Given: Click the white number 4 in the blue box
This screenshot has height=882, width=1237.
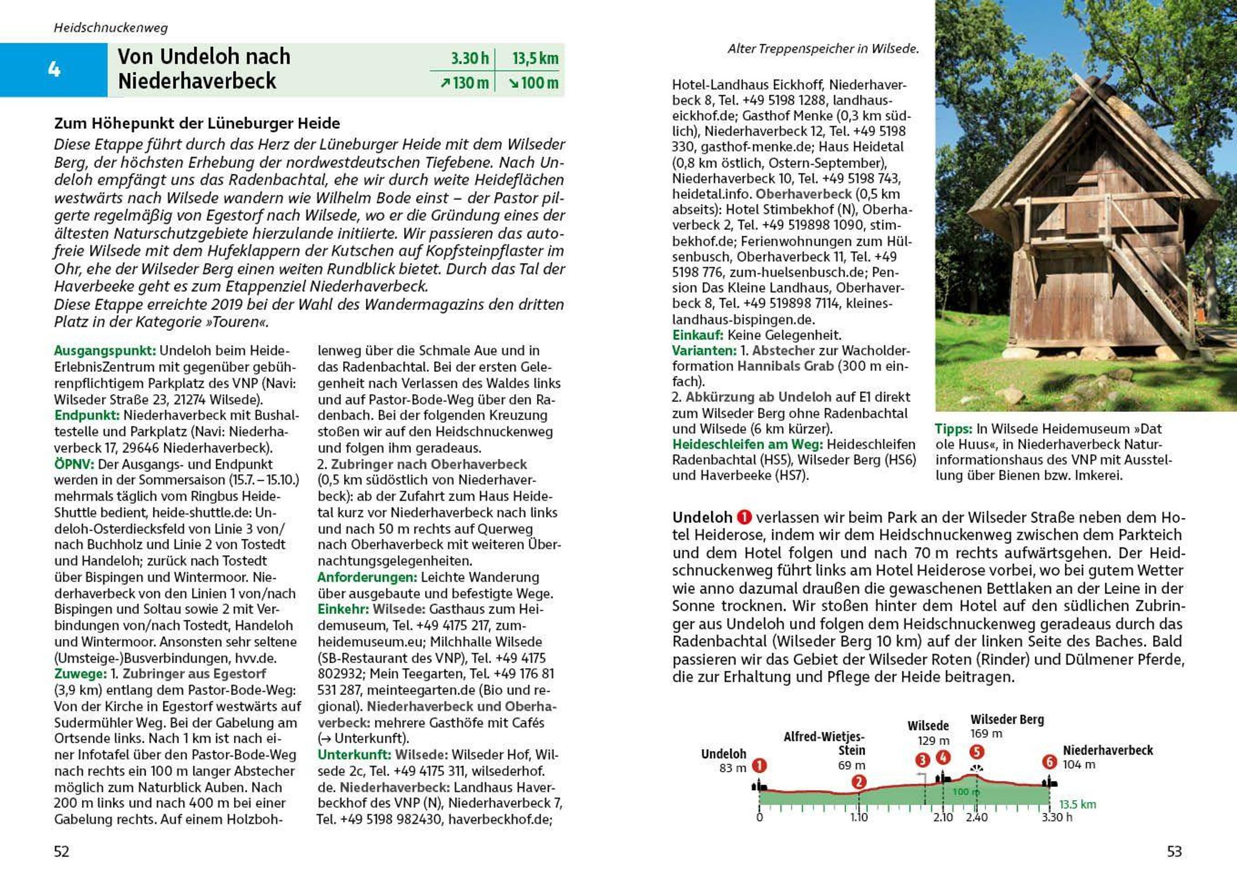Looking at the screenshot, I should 54,70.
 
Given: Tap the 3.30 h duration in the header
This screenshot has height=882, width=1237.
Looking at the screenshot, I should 470,58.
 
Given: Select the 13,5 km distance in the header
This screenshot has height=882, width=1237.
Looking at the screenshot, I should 535,58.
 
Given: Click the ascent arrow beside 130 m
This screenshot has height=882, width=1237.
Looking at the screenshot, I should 445,83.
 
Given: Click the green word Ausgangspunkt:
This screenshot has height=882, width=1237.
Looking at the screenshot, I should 105,351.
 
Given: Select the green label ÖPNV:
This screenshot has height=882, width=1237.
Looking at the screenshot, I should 74,464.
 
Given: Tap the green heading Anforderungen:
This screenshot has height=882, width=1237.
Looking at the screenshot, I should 367,577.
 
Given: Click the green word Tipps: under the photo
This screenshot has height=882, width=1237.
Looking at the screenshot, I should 953,428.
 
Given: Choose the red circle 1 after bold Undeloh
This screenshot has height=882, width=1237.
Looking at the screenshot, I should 744,517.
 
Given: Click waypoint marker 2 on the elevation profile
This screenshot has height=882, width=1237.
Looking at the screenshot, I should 859,781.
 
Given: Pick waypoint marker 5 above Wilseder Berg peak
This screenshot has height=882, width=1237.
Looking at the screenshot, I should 976,752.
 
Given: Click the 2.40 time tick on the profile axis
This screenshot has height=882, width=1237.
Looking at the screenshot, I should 976,818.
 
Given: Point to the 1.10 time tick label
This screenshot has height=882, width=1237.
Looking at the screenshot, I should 859,818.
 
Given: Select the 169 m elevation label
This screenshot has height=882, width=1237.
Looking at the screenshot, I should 986,734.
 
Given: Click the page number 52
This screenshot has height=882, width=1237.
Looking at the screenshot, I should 61,852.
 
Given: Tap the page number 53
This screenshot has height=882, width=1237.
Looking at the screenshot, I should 1174,852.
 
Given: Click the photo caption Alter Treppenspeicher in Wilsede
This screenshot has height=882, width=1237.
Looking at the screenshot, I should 823,49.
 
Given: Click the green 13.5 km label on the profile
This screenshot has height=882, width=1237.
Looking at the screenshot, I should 1077,804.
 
